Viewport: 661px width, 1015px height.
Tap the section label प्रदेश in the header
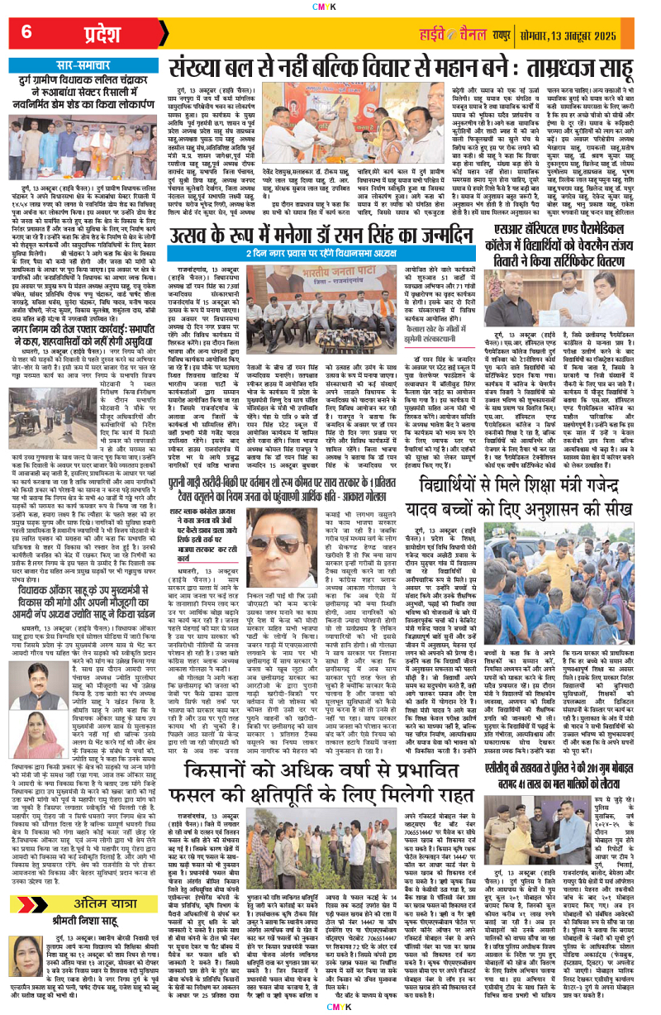(104, 34)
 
